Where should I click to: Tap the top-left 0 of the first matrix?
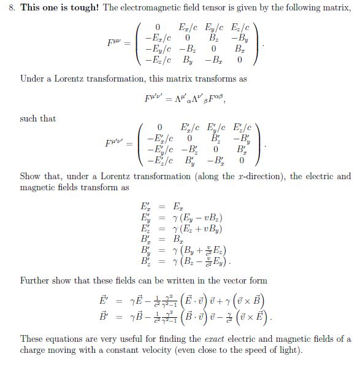click(158, 28)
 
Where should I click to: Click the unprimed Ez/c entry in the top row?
click(240, 28)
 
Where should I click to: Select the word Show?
click(31, 177)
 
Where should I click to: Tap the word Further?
click(35, 280)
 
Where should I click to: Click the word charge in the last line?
click(34, 350)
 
